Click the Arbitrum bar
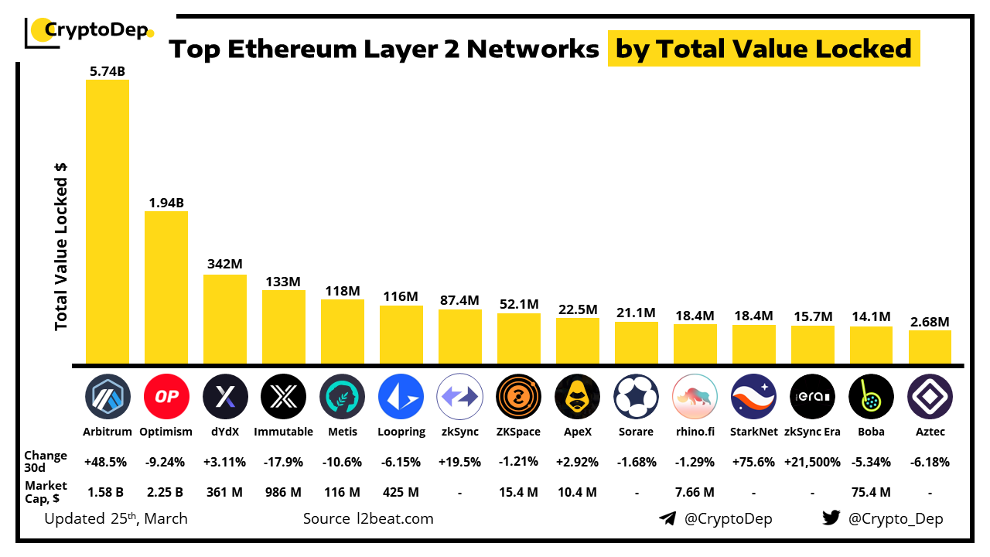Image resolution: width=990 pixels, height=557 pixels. (x=107, y=221)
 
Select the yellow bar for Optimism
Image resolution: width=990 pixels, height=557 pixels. (x=166, y=287)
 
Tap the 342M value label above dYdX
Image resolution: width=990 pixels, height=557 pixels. (x=224, y=265)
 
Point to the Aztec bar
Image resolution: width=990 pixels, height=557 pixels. (x=930, y=347)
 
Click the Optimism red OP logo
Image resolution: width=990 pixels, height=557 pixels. (x=166, y=397)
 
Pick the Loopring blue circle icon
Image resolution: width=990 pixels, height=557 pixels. (x=401, y=397)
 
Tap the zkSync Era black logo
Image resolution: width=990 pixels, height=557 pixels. (x=812, y=397)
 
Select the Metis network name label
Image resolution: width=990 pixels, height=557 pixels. (x=342, y=432)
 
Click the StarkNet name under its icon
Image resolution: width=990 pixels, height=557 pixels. (x=753, y=432)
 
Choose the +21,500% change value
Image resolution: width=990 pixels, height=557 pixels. (x=812, y=462)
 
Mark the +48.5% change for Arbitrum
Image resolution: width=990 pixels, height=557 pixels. (x=107, y=462)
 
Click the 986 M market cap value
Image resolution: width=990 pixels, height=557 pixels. (x=283, y=492)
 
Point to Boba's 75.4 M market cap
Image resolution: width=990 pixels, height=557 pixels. (x=871, y=492)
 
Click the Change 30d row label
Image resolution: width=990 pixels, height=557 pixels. (x=46, y=462)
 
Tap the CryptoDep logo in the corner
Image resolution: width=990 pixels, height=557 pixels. (x=89, y=32)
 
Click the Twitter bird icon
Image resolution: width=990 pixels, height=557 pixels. (x=831, y=518)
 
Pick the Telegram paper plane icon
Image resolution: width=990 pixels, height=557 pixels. (x=667, y=518)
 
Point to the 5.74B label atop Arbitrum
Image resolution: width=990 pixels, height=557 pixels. (x=107, y=72)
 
